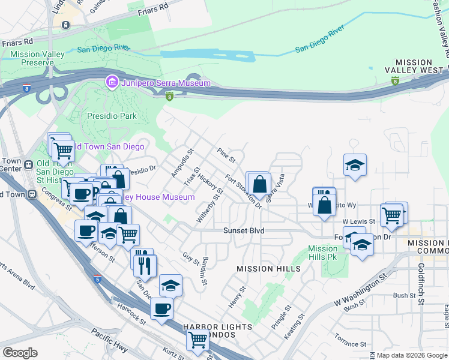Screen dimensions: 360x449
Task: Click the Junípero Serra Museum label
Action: (x=166, y=83)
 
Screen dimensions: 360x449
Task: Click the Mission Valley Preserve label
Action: (x=37, y=58)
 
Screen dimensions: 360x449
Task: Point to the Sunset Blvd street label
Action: (x=244, y=230)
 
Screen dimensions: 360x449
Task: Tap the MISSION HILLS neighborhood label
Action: (x=259, y=268)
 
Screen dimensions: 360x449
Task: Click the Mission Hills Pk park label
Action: (x=323, y=253)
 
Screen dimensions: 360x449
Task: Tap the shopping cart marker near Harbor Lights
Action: (x=198, y=340)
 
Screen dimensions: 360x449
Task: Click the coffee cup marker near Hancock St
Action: (x=161, y=309)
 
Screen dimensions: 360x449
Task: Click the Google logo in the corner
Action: (x=20, y=353)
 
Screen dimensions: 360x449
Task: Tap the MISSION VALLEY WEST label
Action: (x=421, y=67)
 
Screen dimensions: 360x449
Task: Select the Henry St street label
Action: (x=237, y=297)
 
